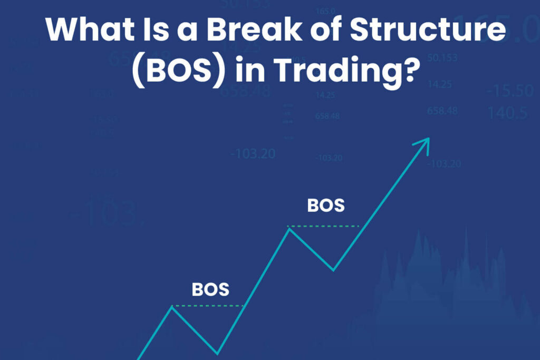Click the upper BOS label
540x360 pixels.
coord(326,205)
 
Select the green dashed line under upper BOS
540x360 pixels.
coord(323,226)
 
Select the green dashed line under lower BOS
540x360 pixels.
coord(208,306)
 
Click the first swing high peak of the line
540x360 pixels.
coord(172,306)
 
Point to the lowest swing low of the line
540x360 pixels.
coord(217,353)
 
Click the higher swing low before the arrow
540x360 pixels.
coord(333,270)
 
